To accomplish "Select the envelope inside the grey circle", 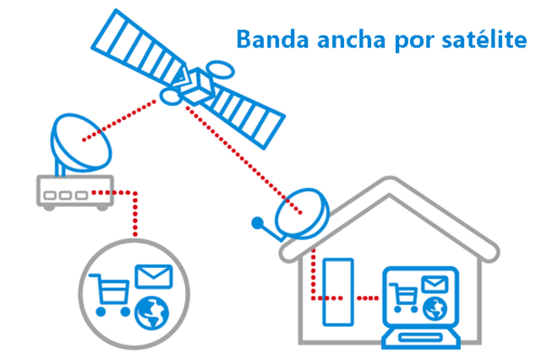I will pos(153,277).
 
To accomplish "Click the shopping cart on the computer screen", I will pos(405,296).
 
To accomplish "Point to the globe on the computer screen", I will pos(434,307).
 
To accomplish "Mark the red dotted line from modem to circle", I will pos(134,216).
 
